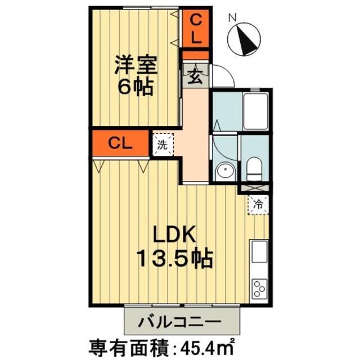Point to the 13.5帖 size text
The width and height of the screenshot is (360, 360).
(175, 258)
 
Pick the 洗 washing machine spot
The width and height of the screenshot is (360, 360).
(163, 144)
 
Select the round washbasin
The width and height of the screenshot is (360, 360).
(226, 170)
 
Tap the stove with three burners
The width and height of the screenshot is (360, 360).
(259, 289)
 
